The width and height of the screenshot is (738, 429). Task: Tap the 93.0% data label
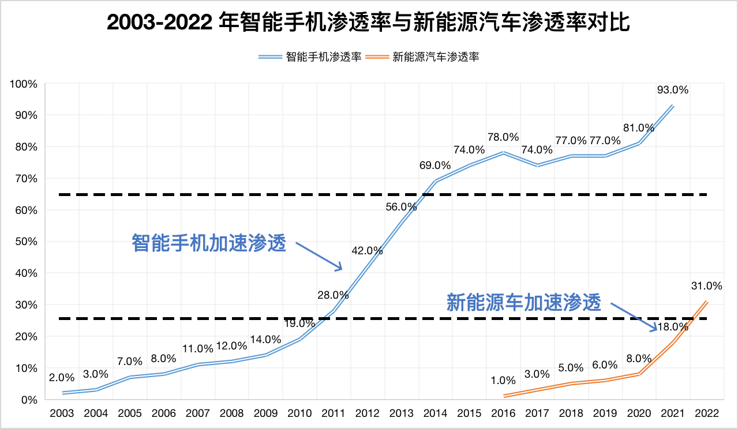pos(673,89)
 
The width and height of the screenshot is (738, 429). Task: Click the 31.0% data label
pos(706,285)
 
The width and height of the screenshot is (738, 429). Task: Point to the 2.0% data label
pos(62,378)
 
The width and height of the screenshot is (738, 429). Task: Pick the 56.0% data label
pos(401,208)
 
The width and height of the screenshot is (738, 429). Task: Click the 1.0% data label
pos(503,380)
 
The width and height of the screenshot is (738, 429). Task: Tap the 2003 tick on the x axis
pos(62,413)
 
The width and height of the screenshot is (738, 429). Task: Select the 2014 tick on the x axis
pos(435,413)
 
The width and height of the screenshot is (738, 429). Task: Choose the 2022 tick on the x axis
pos(706,413)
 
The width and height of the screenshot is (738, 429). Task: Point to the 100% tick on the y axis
pos(24,84)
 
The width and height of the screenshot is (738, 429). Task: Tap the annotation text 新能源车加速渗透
pos(524,302)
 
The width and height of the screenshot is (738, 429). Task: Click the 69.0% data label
pos(434,165)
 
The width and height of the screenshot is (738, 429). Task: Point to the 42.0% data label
pos(367,250)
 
